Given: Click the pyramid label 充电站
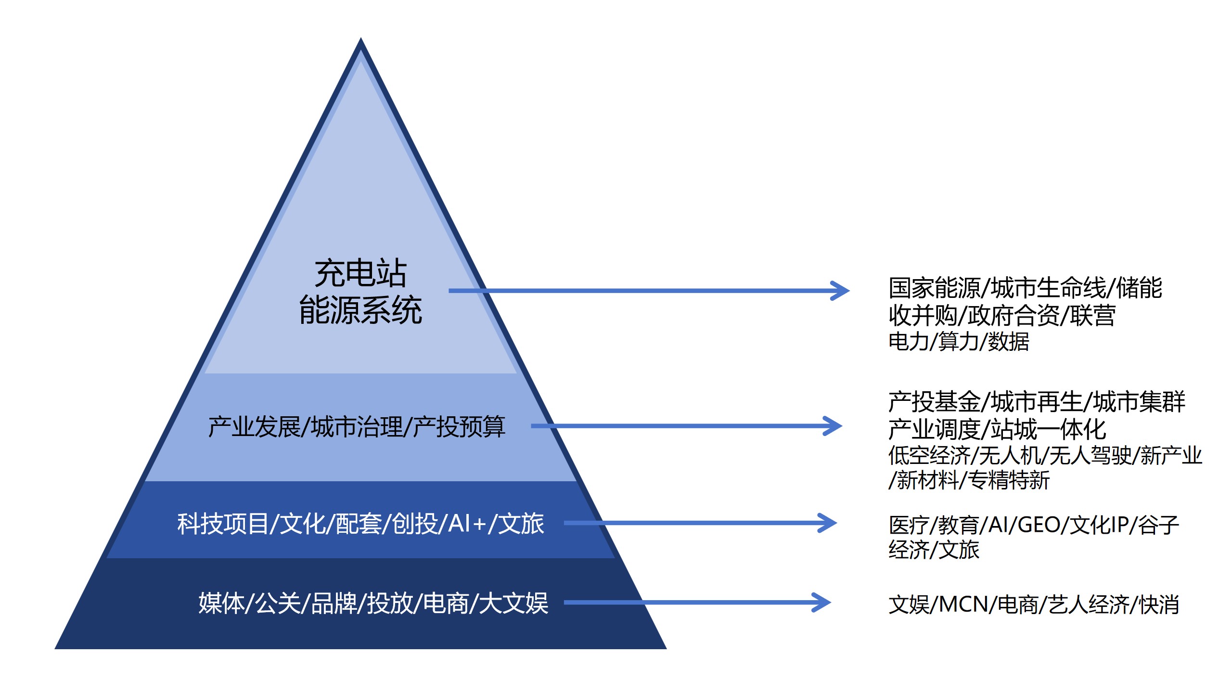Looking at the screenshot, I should [360, 273].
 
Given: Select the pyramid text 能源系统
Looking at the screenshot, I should [360, 310].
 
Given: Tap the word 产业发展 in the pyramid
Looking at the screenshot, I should [254, 427].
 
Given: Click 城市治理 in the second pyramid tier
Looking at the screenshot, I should [357, 427].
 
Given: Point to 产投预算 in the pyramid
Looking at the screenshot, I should [459, 427].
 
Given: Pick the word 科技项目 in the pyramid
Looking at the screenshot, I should [222, 524].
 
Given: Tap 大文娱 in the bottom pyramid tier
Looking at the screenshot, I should [513, 603].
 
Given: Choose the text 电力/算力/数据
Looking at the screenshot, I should [958, 342].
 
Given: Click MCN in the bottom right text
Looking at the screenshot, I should [963, 604].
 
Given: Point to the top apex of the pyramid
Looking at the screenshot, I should [361, 39].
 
